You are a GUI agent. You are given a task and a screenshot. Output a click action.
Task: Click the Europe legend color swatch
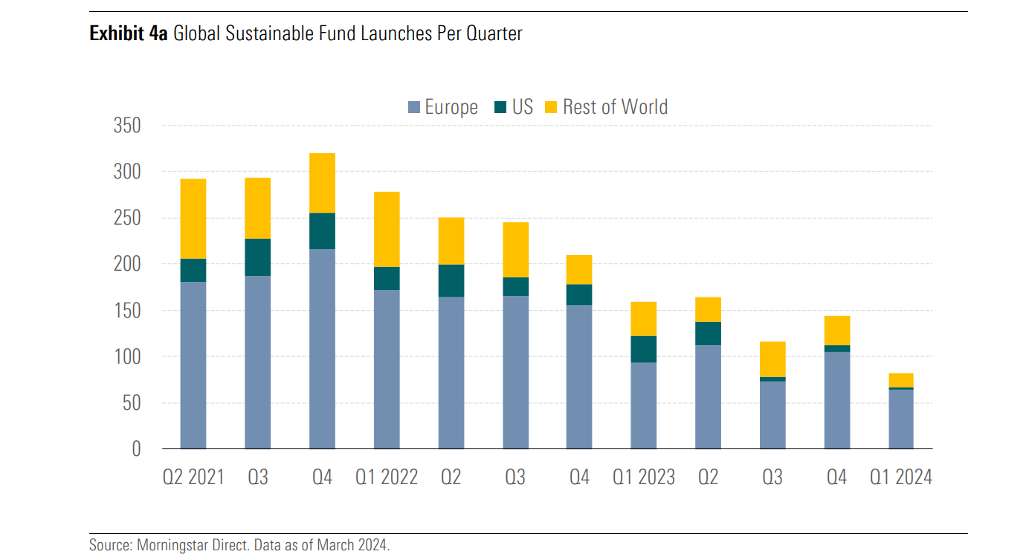point(414,107)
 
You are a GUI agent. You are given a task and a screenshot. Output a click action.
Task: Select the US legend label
point(523,107)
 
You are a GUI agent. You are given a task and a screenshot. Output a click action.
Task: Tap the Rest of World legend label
point(615,107)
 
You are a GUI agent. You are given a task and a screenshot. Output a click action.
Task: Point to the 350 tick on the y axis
point(126,126)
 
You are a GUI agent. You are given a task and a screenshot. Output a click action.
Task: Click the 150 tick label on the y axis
point(126,311)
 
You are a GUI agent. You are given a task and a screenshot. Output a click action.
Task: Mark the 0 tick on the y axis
point(135,449)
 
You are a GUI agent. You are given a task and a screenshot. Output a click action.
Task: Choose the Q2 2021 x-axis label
point(193,477)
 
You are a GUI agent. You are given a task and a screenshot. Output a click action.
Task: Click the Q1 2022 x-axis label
point(387,477)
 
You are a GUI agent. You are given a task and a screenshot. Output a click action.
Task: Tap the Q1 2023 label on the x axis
point(644,477)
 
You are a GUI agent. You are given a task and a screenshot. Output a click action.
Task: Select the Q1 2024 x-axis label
point(901,477)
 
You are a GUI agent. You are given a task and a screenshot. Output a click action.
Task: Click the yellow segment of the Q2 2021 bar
point(193,219)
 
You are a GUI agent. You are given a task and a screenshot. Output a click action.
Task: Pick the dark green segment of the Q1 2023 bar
point(644,349)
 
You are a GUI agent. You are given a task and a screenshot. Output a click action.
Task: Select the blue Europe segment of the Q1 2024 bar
point(901,419)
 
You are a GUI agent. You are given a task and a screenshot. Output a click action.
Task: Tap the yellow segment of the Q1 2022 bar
point(387,229)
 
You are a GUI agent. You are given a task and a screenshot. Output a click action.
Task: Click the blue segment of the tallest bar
point(322,349)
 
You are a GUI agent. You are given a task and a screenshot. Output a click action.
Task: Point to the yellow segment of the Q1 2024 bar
point(901,380)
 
